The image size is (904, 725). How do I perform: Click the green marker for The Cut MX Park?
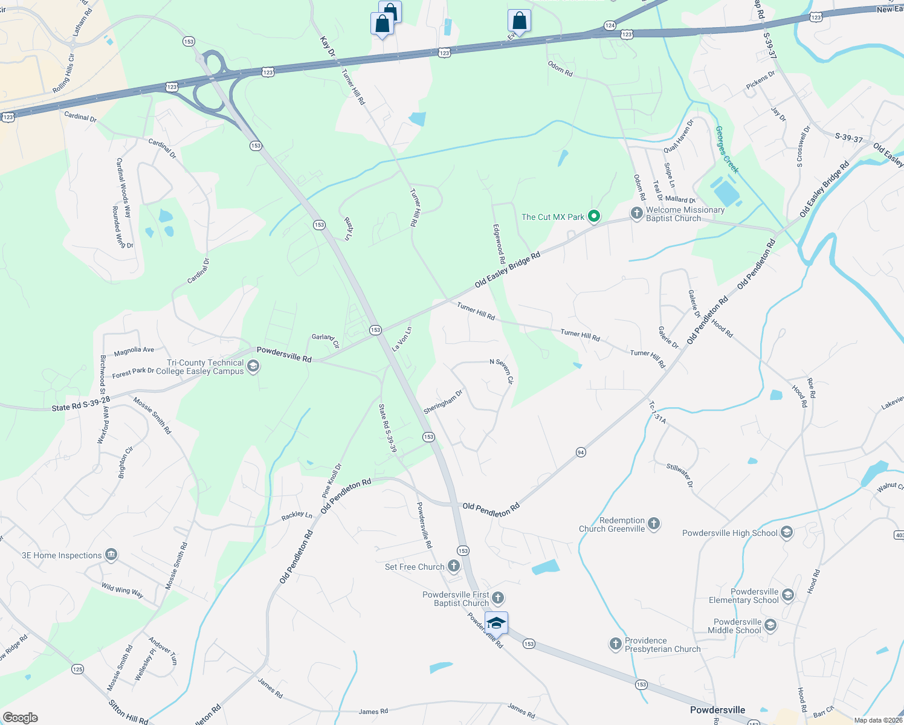pos(594,216)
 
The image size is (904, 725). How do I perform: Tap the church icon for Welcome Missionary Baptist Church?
pos(636,213)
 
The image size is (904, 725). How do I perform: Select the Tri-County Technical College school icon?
pos(253,366)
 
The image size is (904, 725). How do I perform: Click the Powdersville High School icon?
pos(786,532)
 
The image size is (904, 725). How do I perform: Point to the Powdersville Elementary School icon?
pos(787,595)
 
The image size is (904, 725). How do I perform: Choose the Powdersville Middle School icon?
pos(770,625)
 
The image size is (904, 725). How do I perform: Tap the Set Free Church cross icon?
pos(453,566)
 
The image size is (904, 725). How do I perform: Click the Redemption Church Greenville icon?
pos(653,523)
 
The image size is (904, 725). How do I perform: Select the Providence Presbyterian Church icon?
pos(615,644)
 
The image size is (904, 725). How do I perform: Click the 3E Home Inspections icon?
pos(111,555)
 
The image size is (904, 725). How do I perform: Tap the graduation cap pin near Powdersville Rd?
pos(496,623)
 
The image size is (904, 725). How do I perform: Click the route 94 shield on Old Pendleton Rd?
pos(581,452)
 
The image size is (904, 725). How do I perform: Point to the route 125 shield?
pos(77,669)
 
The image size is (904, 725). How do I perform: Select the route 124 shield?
pos(610,25)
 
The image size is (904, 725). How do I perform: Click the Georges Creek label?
pos(727,149)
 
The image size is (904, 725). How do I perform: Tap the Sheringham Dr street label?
pos(443,402)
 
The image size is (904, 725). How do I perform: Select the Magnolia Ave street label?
pos(134,350)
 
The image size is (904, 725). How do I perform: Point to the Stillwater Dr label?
pos(680,475)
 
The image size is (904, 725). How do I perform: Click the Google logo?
pos(21,717)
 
